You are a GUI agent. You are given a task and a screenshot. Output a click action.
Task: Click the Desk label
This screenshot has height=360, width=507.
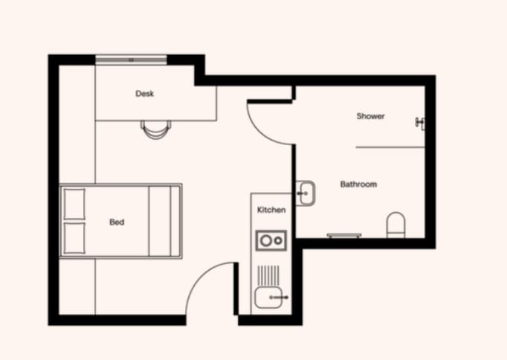pyautogui.click(x=144, y=94)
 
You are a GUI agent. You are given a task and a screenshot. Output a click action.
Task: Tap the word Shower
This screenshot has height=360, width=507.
pyautogui.click(x=370, y=116)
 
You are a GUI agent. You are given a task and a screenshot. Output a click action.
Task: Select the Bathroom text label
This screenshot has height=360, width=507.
pyautogui.click(x=358, y=184)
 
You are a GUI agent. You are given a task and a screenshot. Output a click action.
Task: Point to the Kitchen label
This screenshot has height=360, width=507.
pyautogui.click(x=271, y=210)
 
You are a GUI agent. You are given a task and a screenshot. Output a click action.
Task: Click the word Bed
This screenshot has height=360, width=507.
pyautogui.click(x=117, y=222)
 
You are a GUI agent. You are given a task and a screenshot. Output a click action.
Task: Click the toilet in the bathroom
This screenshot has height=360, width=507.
pyautogui.click(x=396, y=224)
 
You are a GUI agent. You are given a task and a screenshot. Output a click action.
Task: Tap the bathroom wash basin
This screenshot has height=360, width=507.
pyautogui.click(x=305, y=193)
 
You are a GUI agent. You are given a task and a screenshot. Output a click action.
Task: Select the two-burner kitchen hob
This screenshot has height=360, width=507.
pyautogui.click(x=270, y=240)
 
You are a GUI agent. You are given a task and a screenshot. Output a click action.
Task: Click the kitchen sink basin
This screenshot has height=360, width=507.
pyautogui.click(x=269, y=298)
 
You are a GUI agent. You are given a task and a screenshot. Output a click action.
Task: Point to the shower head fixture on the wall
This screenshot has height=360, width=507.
pyautogui.click(x=422, y=121)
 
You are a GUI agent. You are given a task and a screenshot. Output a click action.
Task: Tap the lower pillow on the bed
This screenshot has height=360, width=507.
pyautogui.click(x=74, y=238)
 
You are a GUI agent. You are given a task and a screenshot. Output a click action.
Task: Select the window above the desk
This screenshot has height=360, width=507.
pyautogui.click(x=131, y=59)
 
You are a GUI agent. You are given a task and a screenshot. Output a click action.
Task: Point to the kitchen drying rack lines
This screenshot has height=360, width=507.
pyautogui.click(x=269, y=274)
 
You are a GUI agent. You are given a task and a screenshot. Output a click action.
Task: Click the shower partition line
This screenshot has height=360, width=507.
pyautogui.click(x=390, y=147)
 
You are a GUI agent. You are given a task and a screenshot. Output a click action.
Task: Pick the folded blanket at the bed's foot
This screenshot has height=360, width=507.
pyautogui.click(x=164, y=221)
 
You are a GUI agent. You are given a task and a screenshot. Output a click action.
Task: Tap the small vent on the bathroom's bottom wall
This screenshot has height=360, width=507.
pyautogui.click(x=343, y=235)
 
